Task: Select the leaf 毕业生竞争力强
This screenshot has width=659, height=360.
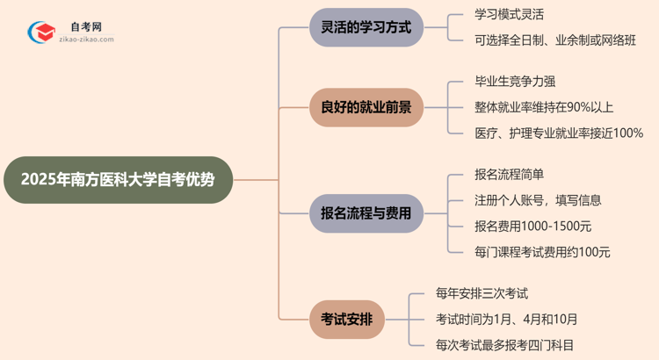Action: (x=514, y=82)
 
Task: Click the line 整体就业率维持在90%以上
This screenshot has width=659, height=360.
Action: (x=543, y=107)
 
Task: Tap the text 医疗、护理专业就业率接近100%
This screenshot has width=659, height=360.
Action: (x=558, y=133)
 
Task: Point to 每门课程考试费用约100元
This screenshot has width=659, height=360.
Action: (x=541, y=252)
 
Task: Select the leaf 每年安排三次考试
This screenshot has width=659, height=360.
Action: (x=482, y=293)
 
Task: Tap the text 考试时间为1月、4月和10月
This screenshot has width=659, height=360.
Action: (x=506, y=319)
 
